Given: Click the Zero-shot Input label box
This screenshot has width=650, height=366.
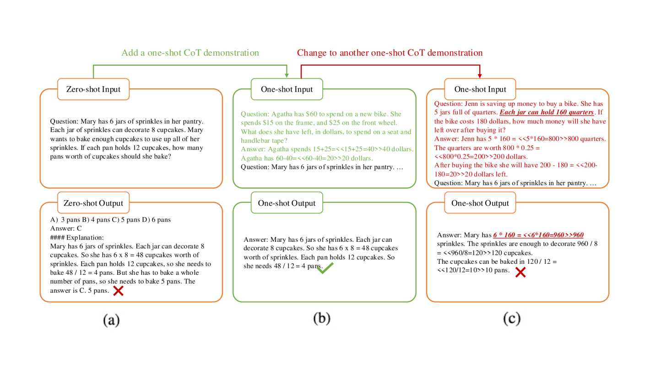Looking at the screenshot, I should (x=93, y=89).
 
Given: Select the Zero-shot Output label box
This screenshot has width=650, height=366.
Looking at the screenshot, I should (x=93, y=203).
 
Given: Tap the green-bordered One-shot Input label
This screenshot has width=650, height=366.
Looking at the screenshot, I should (x=287, y=89).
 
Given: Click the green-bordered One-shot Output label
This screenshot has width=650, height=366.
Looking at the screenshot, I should (x=287, y=203).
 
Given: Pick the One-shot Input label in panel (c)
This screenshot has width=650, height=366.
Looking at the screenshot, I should (x=480, y=89).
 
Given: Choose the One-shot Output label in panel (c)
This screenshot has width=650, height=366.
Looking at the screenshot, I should (x=480, y=203).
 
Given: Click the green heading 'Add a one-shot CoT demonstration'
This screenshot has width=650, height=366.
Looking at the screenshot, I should (x=190, y=53).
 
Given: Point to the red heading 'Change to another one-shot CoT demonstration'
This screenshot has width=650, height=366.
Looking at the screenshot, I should (x=390, y=53).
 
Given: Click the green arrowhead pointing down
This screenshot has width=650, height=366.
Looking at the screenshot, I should (x=287, y=74).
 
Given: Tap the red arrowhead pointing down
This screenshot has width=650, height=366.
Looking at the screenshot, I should (x=480, y=74).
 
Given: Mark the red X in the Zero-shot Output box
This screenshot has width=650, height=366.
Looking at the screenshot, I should (x=118, y=290).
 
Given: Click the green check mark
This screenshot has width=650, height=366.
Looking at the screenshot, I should (x=325, y=268).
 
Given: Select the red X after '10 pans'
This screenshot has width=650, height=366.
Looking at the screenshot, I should (x=520, y=273).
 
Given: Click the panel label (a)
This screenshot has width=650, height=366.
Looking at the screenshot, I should (x=111, y=320).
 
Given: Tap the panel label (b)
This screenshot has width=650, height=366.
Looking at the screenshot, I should (x=321, y=318).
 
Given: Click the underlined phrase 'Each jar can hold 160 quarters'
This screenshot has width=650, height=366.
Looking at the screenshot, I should (x=547, y=113).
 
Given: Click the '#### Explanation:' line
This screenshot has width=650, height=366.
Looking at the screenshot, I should (x=77, y=237).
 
